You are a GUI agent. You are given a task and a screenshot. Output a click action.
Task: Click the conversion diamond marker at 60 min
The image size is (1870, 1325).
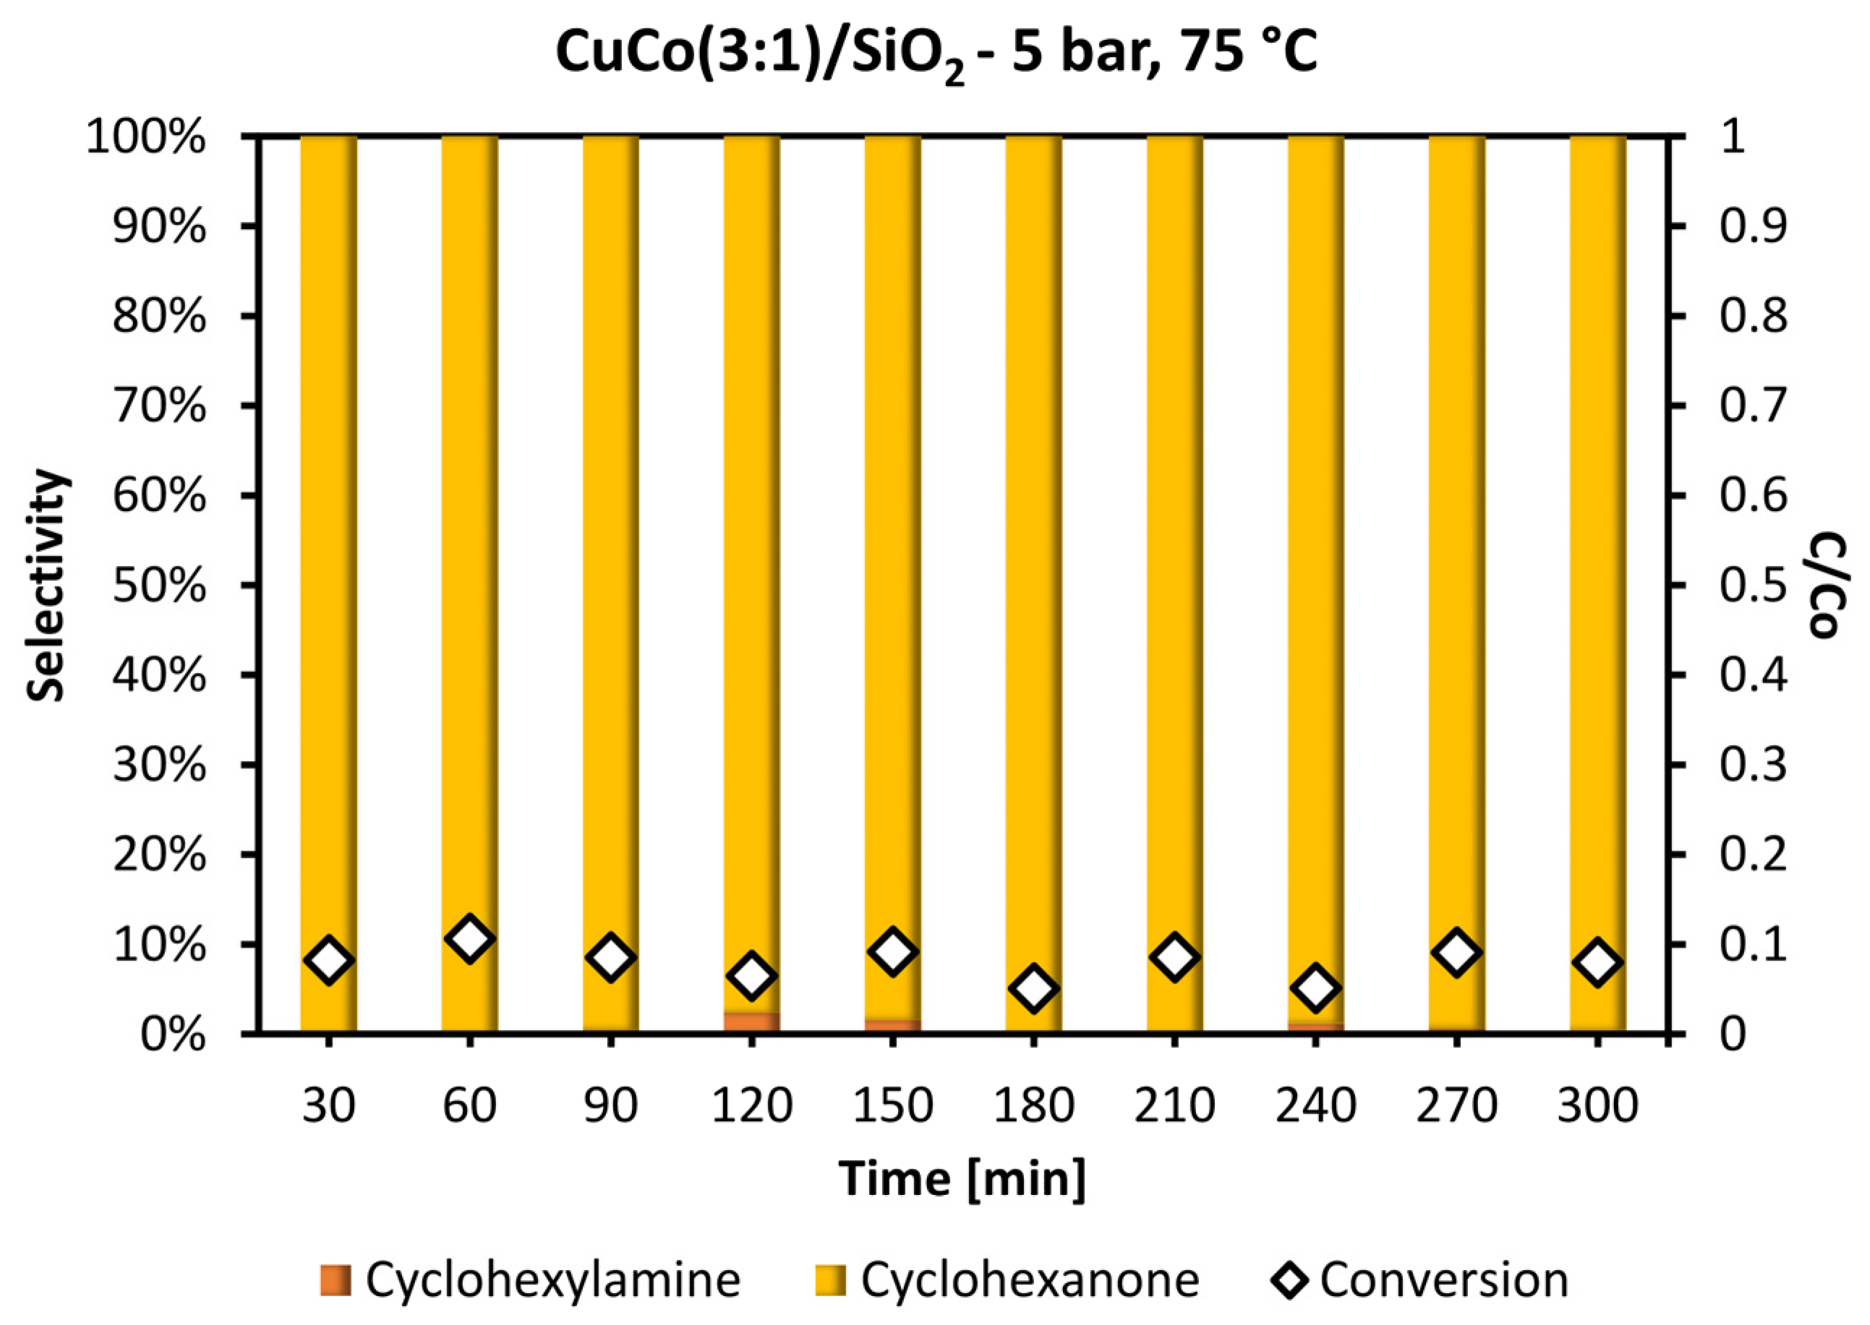click(x=469, y=939)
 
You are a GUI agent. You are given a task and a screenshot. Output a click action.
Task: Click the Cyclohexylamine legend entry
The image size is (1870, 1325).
click(x=531, y=1279)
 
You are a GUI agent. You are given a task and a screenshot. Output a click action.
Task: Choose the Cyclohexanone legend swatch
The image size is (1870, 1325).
click(x=831, y=1279)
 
